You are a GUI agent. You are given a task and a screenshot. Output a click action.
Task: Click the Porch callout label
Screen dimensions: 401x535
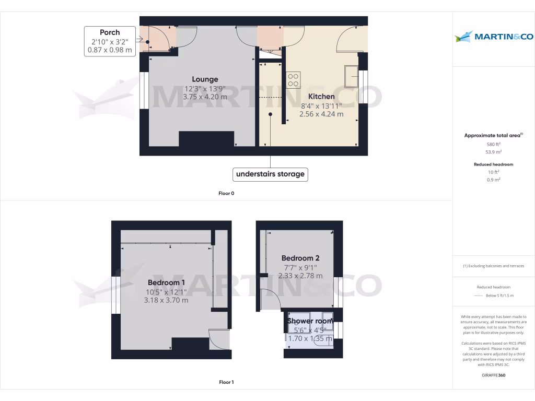[x=110, y=41]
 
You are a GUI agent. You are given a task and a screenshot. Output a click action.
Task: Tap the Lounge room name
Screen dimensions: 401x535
[x=205, y=79]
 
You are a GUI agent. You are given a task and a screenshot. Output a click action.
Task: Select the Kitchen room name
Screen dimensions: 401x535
[x=321, y=97]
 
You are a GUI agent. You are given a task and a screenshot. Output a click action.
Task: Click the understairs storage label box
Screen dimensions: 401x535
[x=270, y=174]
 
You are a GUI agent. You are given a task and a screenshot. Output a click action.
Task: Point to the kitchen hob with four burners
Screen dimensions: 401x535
[x=293, y=79]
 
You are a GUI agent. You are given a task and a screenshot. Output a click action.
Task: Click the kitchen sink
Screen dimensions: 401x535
[x=351, y=77]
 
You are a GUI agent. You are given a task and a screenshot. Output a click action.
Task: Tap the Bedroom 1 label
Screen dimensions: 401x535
[x=166, y=282]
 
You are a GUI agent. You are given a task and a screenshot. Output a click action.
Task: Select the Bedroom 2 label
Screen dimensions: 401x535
[x=300, y=258]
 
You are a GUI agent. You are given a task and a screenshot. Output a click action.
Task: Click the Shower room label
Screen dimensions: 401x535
[x=310, y=321]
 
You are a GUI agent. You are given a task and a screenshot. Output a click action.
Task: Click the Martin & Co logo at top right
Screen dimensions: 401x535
[x=494, y=37]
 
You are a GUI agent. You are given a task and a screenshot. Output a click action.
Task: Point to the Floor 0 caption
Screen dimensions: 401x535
[x=226, y=194]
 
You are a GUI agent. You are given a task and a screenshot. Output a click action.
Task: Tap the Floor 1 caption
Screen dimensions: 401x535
[x=226, y=383]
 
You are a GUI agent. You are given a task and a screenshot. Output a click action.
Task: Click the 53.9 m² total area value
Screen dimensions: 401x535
[x=493, y=152]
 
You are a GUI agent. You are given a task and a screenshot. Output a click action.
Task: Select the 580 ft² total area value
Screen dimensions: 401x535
[x=493, y=144]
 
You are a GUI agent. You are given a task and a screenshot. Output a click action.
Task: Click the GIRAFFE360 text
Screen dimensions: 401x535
[x=493, y=375]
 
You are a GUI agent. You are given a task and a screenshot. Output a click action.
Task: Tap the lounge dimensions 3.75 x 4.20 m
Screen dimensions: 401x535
[x=205, y=97]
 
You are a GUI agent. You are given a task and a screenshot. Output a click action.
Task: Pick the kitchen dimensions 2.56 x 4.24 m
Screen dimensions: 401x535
[x=321, y=114]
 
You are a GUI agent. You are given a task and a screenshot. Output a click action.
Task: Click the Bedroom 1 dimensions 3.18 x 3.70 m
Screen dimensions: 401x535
[x=166, y=300]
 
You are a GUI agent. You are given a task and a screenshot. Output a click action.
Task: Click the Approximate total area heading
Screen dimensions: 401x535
[x=493, y=135]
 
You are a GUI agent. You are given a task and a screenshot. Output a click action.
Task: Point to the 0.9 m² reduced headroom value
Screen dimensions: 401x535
[x=493, y=180]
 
